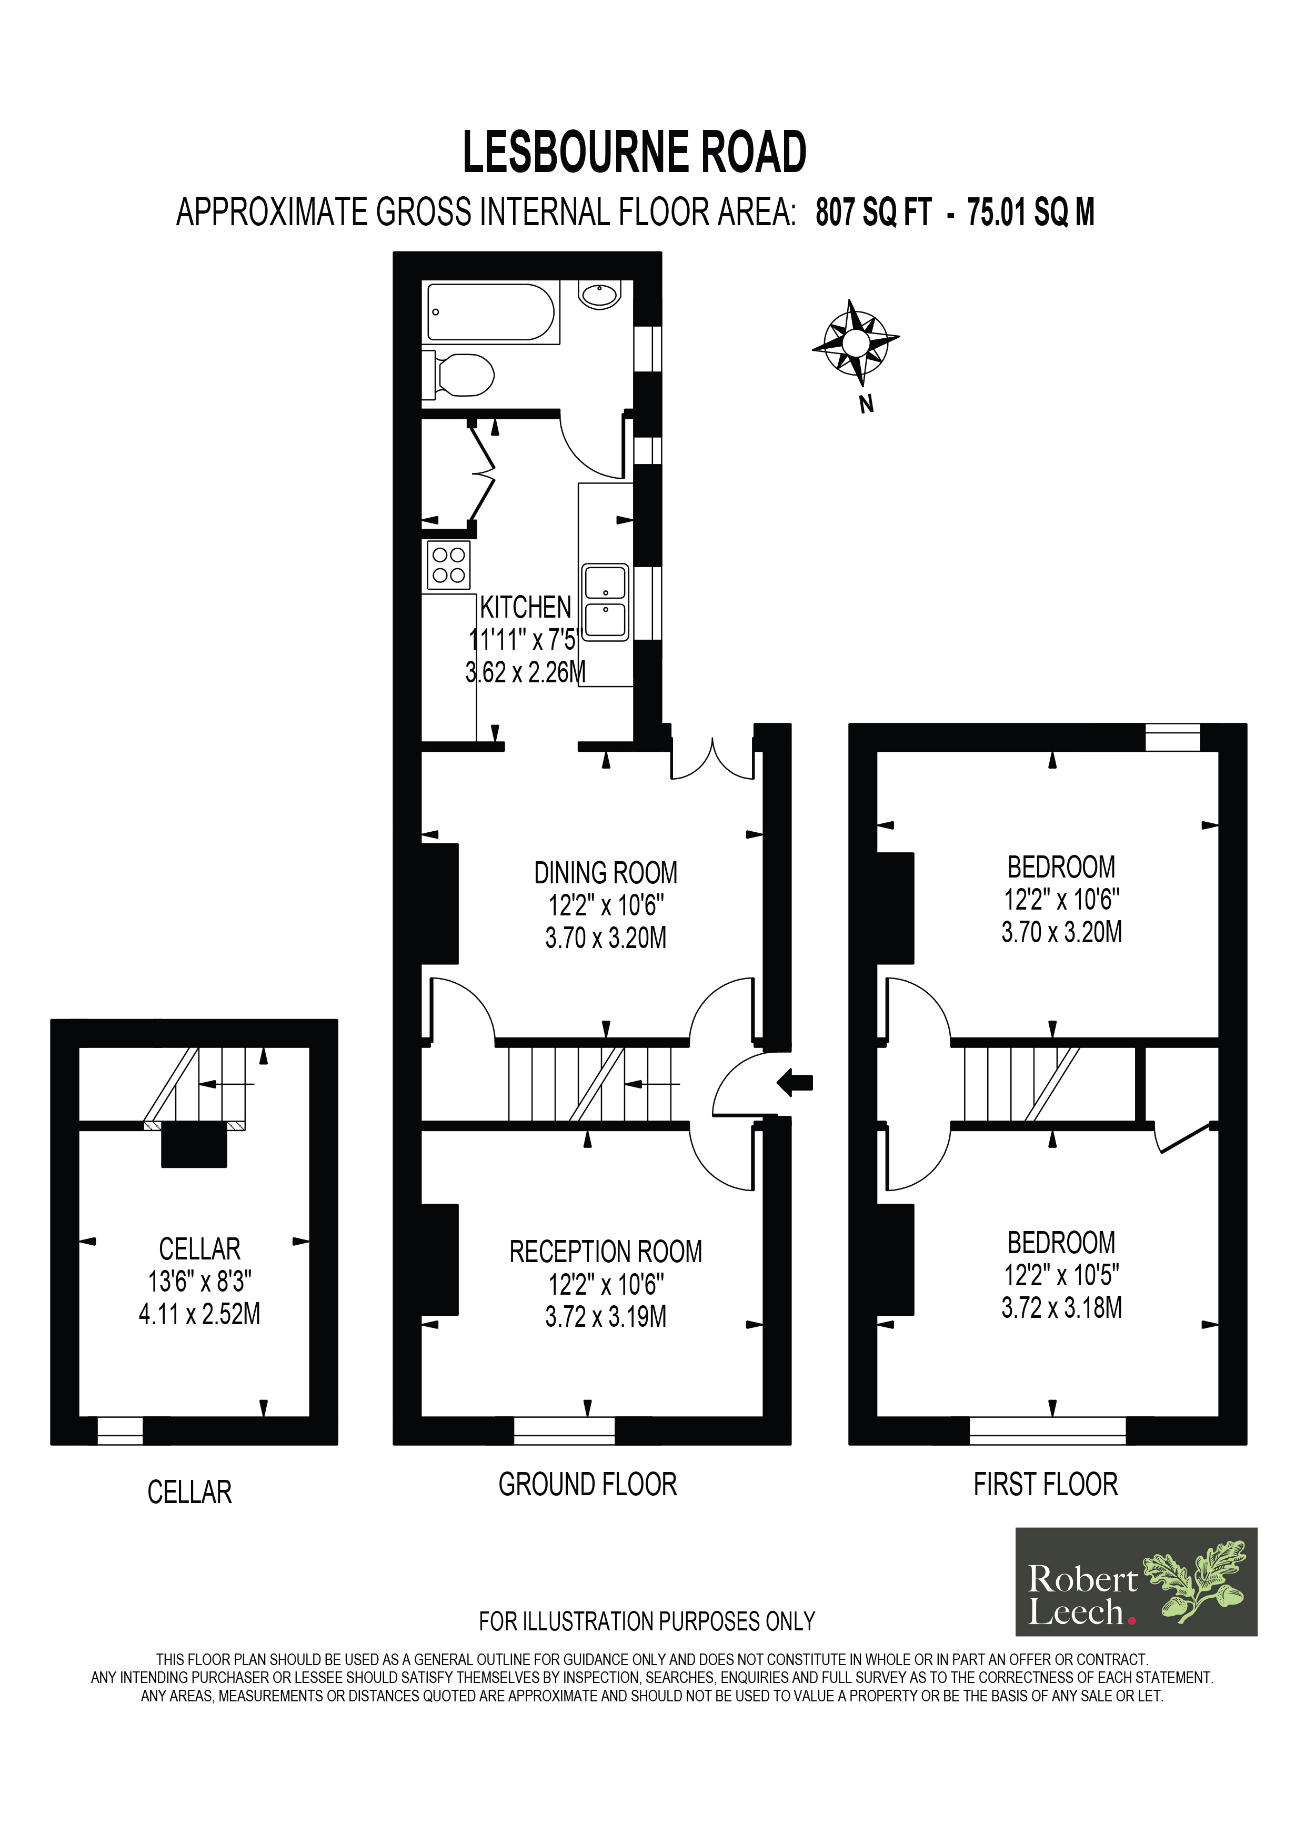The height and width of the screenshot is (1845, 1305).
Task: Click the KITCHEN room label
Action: click(x=526, y=608)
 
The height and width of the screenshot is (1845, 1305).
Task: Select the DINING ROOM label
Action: click(x=606, y=873)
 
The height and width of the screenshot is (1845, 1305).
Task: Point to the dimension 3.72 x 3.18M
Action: click(x=1061, y=1308)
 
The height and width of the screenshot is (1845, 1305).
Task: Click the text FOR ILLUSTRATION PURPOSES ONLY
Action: click(x=647, y=1621)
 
